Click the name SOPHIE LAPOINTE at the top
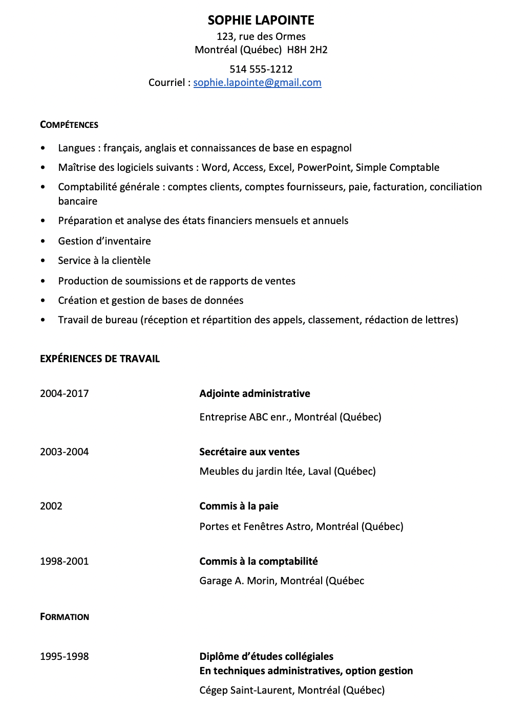[261, 20]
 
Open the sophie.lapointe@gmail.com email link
[257, 83]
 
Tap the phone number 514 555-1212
[261, 69]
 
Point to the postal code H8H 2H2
[307, 50]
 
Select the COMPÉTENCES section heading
[69, 125]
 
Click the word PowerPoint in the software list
[324, 168]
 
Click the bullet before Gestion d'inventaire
[43, 241]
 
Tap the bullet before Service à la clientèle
[43, 261]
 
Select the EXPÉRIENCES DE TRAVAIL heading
[100, 359]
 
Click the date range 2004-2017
[65, 394]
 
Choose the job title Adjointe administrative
[255, 394]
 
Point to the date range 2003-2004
[65, 452]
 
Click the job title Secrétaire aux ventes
[249, 452]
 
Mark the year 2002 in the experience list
[51, 506]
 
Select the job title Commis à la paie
[239, 506]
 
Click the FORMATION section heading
[65, 617]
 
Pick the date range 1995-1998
[65, 657]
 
